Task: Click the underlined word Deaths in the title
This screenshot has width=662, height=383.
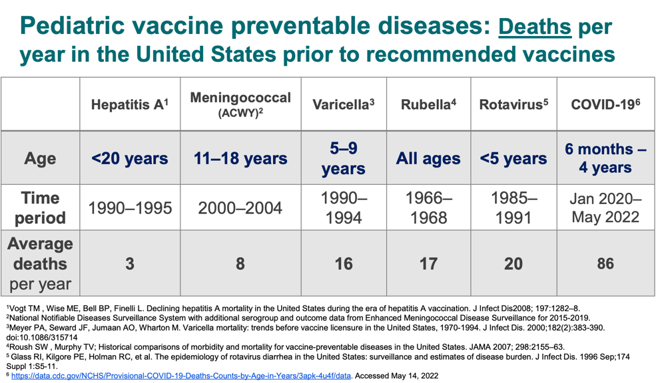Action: click(534, 28)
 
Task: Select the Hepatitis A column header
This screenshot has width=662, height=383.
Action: click(129, 104)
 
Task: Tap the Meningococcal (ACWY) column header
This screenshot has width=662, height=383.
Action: click(240, 104)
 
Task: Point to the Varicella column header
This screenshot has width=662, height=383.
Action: click(343, 104)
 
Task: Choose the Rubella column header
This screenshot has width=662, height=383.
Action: click(428, 104)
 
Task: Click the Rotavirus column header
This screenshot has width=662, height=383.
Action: click(513, 104)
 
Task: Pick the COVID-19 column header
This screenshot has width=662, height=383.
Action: click(605, 104)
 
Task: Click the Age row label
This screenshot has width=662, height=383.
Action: click(40, 158)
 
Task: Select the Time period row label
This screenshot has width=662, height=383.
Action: click(40, 207)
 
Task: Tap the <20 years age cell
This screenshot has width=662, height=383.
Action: click(129, 158)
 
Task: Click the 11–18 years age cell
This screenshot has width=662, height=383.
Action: click(240, 158)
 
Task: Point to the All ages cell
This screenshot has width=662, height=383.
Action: click(428, 158)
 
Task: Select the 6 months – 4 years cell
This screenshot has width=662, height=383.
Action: click(605, 158)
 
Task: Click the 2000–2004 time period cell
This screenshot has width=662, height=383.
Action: click(240, 208)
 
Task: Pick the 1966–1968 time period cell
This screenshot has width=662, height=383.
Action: click(428, 207)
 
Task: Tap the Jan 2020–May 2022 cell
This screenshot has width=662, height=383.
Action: click(605, 207)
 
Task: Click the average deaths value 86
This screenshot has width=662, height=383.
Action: click(605, 263)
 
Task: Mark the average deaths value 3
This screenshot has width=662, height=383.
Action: click(129, 263)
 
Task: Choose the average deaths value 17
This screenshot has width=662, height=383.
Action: click(428, 263)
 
